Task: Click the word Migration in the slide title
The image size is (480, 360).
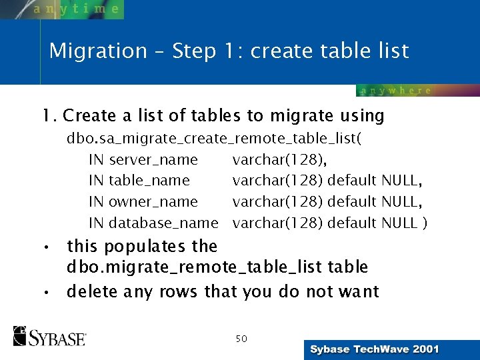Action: tap(98, 51)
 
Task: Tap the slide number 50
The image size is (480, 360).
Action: tap(241, 339)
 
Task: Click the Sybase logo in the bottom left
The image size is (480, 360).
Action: tap(49, 336)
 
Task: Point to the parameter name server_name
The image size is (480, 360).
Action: tap(153, 159)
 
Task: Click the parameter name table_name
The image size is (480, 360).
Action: tap(149, 180)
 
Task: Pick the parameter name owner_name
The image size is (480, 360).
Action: tap(153, 201)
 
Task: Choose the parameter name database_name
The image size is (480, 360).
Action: tap(163, 223)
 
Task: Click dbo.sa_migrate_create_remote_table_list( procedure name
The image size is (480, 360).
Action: tap(213, 139)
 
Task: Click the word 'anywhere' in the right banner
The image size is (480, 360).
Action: tap(396, 91)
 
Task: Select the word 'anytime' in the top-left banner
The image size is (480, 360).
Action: tap(76, 9)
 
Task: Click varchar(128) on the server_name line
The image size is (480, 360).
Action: tap(279, 159)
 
